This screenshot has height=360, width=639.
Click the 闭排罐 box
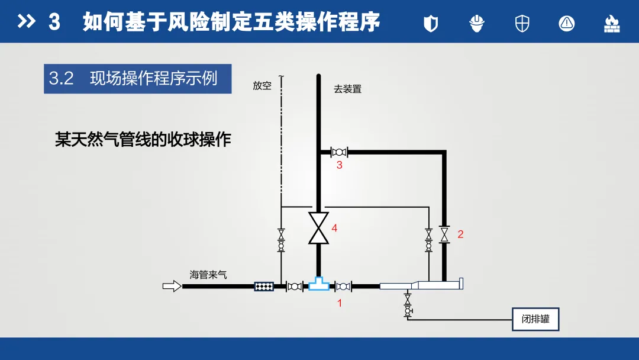click(535, 319)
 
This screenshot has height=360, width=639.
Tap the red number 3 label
click(340, 165)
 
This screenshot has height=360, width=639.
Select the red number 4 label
click(334, 228)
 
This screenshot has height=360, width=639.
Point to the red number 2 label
click(460, 234)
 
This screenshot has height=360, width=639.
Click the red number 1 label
click(340, 303)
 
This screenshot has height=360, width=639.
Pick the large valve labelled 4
click(318, 228)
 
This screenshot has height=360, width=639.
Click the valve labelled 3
click(339, 152)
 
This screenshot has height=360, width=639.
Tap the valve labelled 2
click(444, 234)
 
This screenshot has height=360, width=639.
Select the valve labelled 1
click(343, 287)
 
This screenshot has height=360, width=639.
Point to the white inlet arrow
click(172, 287)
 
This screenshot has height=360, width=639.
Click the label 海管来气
click(208, 275)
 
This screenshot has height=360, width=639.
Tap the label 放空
click(262, 86)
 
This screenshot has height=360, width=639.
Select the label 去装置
click(347, 89)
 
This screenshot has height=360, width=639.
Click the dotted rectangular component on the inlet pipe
click(264, 287)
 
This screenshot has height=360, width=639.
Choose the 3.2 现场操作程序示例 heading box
click(137, 79)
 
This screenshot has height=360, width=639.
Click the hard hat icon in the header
click(477, 23)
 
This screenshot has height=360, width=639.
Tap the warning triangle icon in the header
click(566, 23)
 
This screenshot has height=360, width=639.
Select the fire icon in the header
click(611, 23)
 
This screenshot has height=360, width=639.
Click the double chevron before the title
click(27, 22)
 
